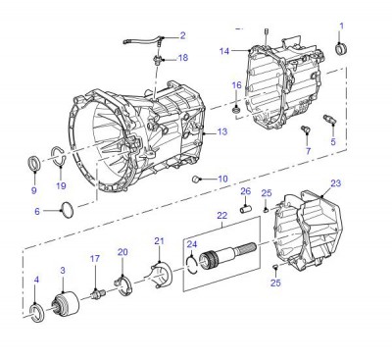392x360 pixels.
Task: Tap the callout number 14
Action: coord(224,50)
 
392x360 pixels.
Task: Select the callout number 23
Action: coord(336,182)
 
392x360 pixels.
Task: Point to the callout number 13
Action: coord(222,131)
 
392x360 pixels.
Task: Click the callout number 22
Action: coord(222,216)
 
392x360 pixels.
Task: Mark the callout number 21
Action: coord(159,241)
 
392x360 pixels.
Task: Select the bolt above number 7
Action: coord(304,129)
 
